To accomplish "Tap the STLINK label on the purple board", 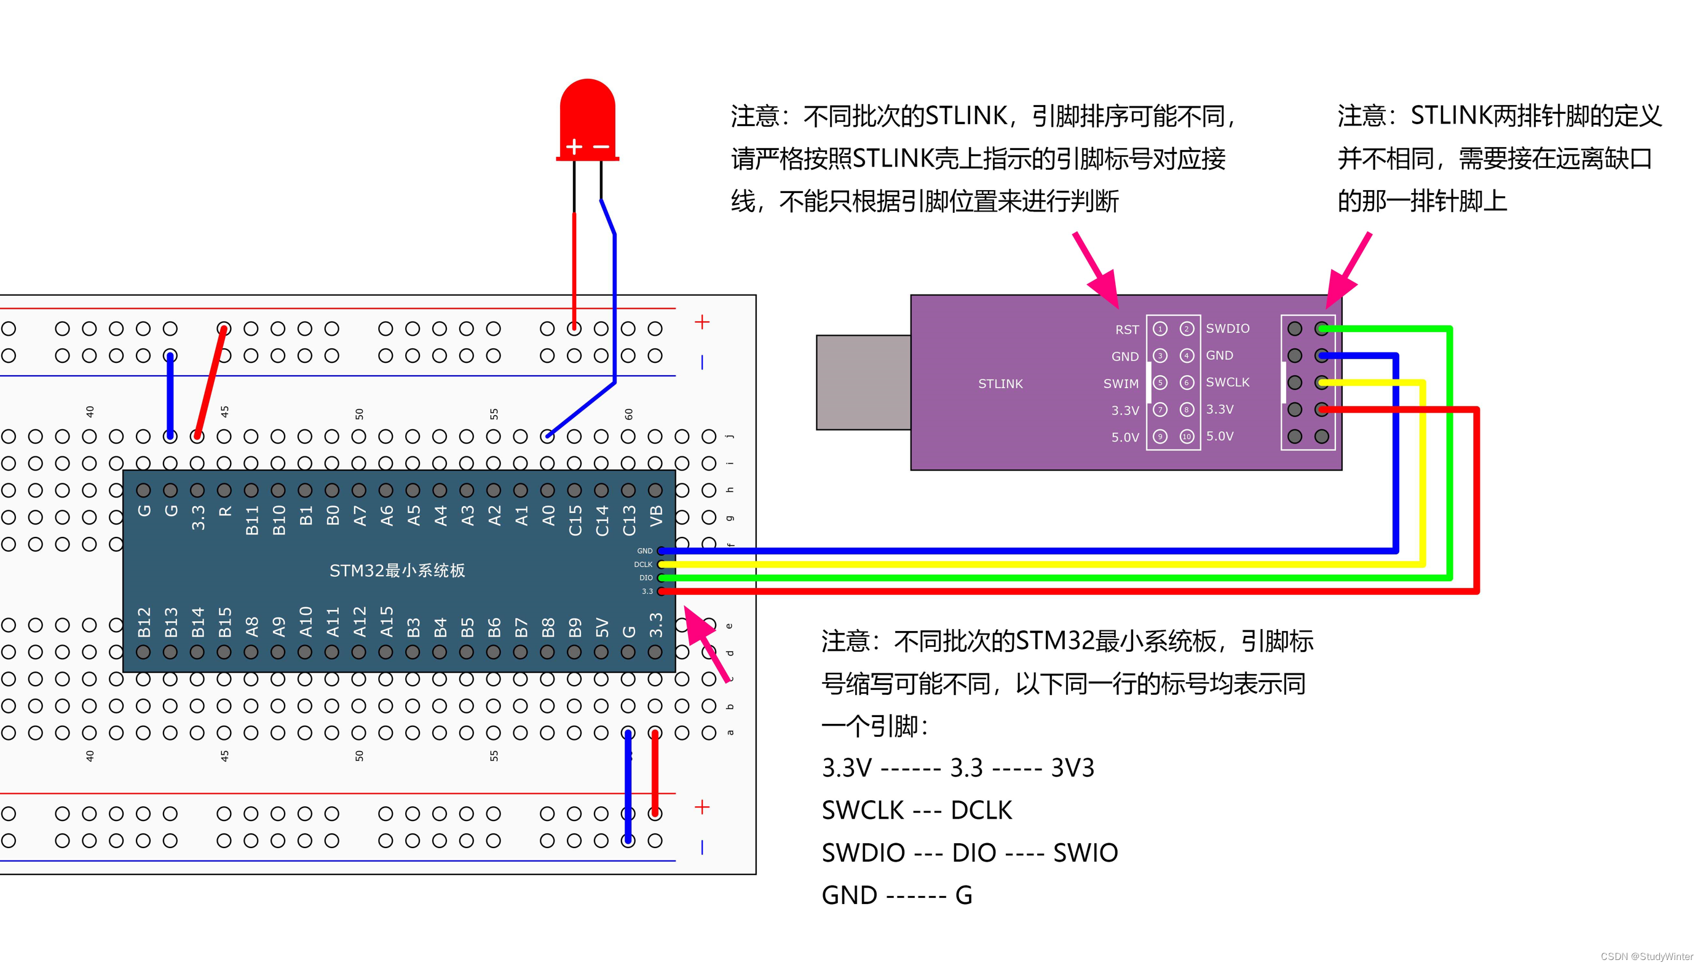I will point(1000,384).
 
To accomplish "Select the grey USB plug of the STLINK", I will point(863,383).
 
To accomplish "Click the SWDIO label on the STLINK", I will point(1227,328).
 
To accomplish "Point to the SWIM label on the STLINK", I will point(1120,384).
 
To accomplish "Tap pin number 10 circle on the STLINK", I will point(1186,437).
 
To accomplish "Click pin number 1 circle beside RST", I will point(1160,329).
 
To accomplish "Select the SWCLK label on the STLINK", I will point(1227,383).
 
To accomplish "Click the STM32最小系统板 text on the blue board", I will point(397,571).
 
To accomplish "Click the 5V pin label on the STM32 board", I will point(601,626).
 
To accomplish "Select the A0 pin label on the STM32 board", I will point(548,515).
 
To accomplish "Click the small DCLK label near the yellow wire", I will point(642,565).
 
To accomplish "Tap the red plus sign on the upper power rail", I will point(701,322).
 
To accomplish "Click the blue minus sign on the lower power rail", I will point(701,847).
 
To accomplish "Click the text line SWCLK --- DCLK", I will point(916,811).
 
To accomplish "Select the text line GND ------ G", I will point(896,895).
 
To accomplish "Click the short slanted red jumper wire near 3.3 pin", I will point(210,383).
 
